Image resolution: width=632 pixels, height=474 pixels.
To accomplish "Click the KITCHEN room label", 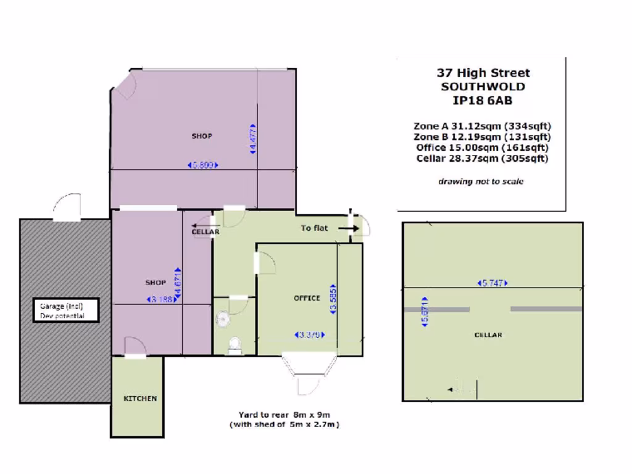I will click(x=140, y=399).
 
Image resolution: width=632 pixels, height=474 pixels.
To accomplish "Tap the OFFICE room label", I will click(x=307, y=298).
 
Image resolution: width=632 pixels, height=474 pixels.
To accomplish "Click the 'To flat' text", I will click(x=314, y=228).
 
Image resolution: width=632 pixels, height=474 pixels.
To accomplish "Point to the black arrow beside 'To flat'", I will click(x=348, y=228).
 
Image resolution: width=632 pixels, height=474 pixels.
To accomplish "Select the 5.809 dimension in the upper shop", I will click(x=204, y=165).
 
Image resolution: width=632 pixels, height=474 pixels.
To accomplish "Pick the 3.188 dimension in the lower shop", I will click(x=159, y=300).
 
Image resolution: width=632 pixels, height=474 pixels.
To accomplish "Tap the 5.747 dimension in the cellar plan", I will click(x=493, y=283).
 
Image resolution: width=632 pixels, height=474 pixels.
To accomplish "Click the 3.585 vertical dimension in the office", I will click(x=333, y=301).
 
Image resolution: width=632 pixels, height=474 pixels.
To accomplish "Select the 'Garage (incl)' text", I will click(x=61, y=306).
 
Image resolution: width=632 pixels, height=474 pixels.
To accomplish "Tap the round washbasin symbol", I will click(x=223, y=318).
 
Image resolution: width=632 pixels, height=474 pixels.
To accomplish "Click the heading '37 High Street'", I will click(x=483, y=73).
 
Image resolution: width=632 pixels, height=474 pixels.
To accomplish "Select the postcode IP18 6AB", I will click(x=483, y=100).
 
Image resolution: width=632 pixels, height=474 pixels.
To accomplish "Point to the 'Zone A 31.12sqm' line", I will click(x=482, y=126).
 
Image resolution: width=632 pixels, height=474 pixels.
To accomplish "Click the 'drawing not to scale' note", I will click(x=481, y=181).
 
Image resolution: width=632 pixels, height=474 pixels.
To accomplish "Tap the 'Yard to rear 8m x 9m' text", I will click(x=286, y=415).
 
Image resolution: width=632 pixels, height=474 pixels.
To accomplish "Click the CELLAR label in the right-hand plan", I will click(x=488, y=335).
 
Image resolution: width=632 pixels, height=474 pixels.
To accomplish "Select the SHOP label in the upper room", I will click(x=202, y=136).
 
